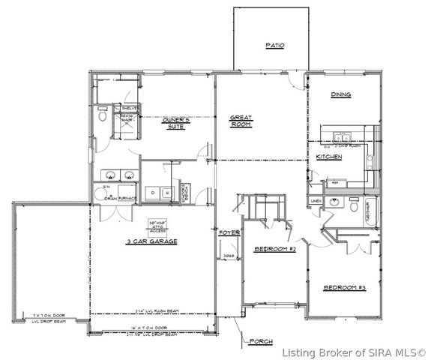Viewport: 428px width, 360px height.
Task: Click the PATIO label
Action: (x=275, y=46)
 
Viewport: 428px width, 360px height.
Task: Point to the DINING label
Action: (x=342, y=95)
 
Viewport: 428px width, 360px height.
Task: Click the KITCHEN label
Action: (x=329, y=157)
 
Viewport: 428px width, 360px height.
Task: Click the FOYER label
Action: (x=229, y=232)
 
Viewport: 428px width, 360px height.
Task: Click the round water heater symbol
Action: (x=100, y=194)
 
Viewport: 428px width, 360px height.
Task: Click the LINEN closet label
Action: (x=316, y=201)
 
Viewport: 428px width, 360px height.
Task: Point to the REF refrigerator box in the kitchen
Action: (x=335, y=182)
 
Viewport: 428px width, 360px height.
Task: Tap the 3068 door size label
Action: (x=229, y=256)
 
